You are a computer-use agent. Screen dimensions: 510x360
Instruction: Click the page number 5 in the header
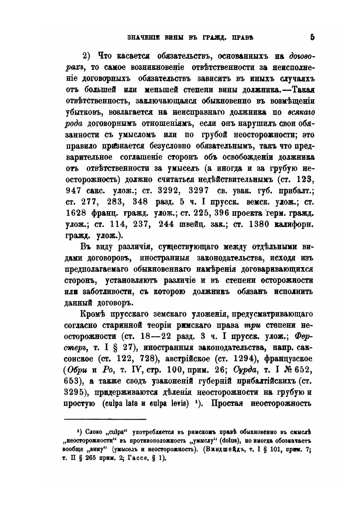click(312, 37)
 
